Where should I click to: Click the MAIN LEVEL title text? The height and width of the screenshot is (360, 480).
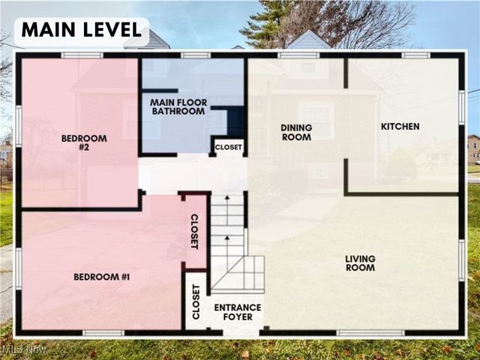pos(81,31)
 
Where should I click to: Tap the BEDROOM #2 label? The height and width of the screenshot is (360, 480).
pos(84,142)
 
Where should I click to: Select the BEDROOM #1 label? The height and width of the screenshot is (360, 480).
pos(102,277)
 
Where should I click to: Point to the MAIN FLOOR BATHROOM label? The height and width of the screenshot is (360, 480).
pos(178,106)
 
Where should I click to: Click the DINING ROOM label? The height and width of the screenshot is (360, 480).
pos(296,132)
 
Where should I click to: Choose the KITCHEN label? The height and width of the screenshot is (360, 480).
pos(400,127)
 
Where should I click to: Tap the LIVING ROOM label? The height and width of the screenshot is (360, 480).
pos(360,263)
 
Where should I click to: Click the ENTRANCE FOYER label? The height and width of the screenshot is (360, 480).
pos(238,312)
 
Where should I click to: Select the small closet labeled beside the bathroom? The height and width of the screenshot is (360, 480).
pos(229,148)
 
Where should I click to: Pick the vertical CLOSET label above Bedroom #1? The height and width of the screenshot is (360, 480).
pos(194,232)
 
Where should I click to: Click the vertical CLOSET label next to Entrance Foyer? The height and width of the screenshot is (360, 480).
pos(196,302)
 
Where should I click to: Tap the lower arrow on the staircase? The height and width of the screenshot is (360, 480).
pos(227,241)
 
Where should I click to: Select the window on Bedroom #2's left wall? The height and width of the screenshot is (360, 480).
pos(18,125)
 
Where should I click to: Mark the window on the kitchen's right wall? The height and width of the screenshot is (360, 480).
pos(462,107)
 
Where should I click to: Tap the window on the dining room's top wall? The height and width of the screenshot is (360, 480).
pos(298,55)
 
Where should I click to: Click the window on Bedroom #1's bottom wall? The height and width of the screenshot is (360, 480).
pos(103,332)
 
